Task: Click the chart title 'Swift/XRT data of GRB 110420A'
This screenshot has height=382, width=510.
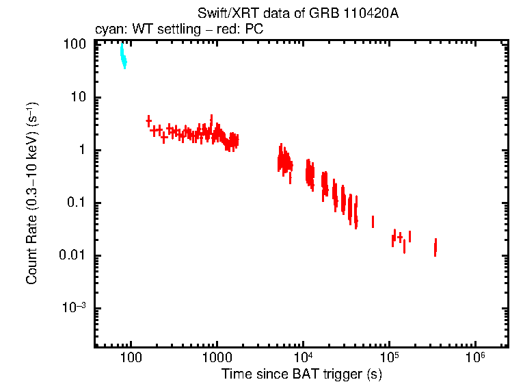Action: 297,14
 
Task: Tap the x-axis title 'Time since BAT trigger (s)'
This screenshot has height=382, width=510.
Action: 301,374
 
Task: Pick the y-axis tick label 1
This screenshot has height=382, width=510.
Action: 81,150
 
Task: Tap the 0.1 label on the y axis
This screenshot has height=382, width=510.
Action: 76,203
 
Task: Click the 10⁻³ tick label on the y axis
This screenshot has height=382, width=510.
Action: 74,308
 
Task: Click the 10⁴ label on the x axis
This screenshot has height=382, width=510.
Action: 303,357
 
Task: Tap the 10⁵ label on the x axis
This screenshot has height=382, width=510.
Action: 389,357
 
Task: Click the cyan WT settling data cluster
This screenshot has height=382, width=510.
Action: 124,57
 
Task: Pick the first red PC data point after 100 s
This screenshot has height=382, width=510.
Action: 148,121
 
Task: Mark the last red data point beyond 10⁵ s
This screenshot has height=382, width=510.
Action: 435,247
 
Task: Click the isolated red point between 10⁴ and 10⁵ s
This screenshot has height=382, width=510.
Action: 373,222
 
